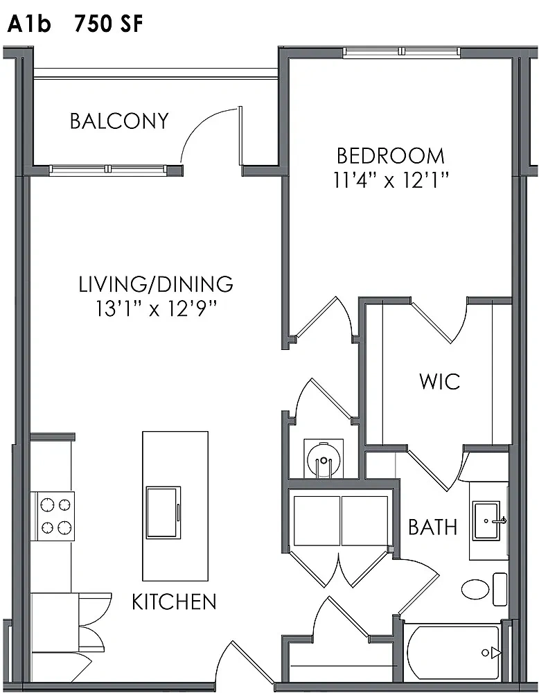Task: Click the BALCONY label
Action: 119,121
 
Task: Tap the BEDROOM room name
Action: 391,156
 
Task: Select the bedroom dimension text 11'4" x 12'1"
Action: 391,180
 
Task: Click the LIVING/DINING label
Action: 156,284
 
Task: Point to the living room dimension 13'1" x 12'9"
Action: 156,308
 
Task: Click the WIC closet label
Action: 440,381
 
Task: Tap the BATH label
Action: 432,527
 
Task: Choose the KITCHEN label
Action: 174,602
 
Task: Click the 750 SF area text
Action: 109,24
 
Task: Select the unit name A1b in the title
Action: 29,24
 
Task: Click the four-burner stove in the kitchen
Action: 52,516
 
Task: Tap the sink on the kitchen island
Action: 164,512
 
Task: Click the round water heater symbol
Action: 324,458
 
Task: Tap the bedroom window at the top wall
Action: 402,52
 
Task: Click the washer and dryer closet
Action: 341,520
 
